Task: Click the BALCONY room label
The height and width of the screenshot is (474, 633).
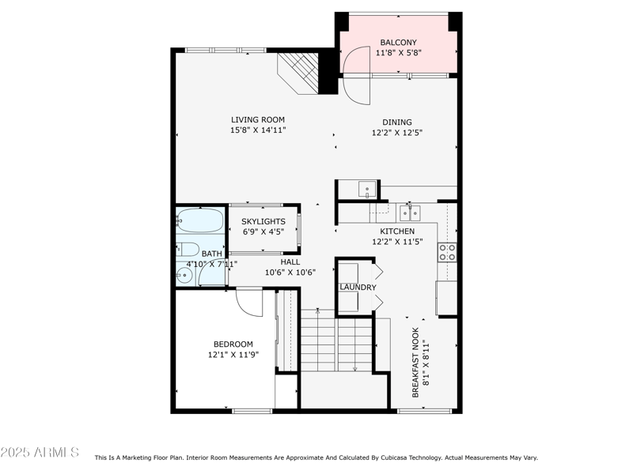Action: (x=398, y=43)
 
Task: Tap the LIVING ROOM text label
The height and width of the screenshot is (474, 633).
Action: (x=258, y=120)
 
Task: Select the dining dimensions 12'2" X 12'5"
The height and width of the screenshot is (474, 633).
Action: (x=397, y=133)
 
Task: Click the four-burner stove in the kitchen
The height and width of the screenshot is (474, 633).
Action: (x=448, y=252)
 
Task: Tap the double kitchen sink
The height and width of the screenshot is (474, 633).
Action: (x=409, y=213)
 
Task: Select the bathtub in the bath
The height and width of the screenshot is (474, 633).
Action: (x=199, y=219)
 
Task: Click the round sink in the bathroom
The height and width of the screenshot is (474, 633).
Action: (x=184, y=276)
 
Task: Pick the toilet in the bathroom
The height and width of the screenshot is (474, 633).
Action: (x=187, y=247)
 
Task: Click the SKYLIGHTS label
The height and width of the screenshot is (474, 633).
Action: (x=263, y=222)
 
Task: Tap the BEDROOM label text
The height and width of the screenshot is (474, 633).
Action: (x=233, y=344)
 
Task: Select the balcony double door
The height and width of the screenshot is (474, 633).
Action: (x=356, y=74)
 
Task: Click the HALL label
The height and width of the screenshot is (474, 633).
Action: (x=290, y=261)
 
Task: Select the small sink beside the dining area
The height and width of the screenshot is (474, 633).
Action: (x=367, y=189)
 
